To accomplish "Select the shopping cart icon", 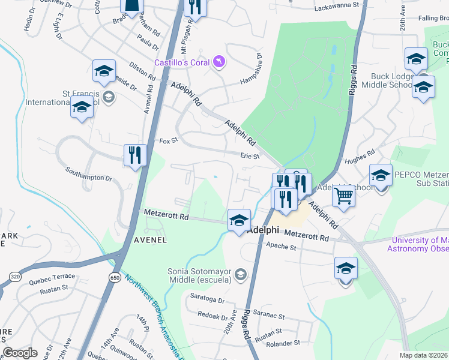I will tap(343, 194).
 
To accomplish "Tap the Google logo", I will tap(20, 353).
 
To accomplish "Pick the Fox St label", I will tap(169, 141).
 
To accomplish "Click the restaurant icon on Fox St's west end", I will tap(135, 155).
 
